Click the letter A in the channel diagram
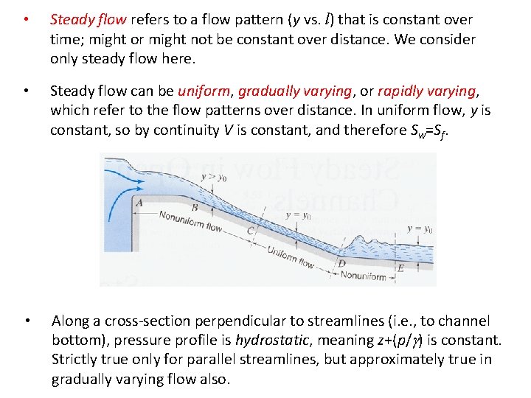coord(139,201)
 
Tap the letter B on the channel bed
coord(194,209)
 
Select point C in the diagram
coord(251,230)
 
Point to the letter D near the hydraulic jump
coord(341,263)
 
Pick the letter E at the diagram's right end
coord(400,268)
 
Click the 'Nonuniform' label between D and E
coord(363,276)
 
